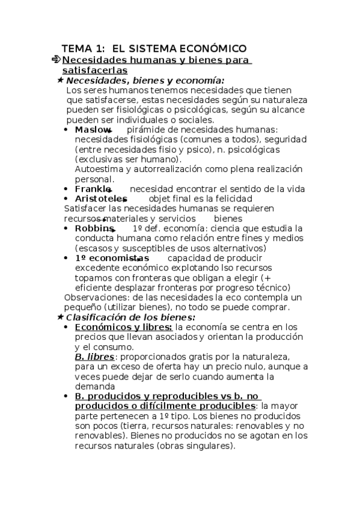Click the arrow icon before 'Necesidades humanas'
(56, 60)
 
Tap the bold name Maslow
(93, 130)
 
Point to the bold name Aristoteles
(100, 198)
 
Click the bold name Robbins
(94, 229)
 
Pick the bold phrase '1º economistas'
(112, 258)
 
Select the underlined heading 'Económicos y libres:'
(124, 327)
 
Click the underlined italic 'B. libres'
(94, 357)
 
